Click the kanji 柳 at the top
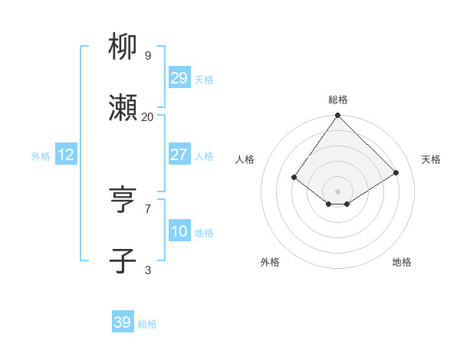[123, 47]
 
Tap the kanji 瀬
[123, 109]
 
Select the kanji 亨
[123, 200]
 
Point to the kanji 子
[123, 261]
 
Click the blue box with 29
[179, 78]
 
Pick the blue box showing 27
[179, 155]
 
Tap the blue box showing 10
[179, 231]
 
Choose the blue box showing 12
[66, 155]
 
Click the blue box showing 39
[123, 322]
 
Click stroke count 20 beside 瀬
[147, 116]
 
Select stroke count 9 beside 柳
[148, 56]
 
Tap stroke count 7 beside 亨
[148, 208]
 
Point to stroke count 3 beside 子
[148, 270]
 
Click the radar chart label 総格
[338, 100]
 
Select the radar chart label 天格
[431, 159]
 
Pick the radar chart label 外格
[270, 262]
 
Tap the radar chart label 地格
[402, 262]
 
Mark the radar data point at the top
[338, 116]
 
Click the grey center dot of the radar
[338, 191]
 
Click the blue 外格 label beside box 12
[41, 155]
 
